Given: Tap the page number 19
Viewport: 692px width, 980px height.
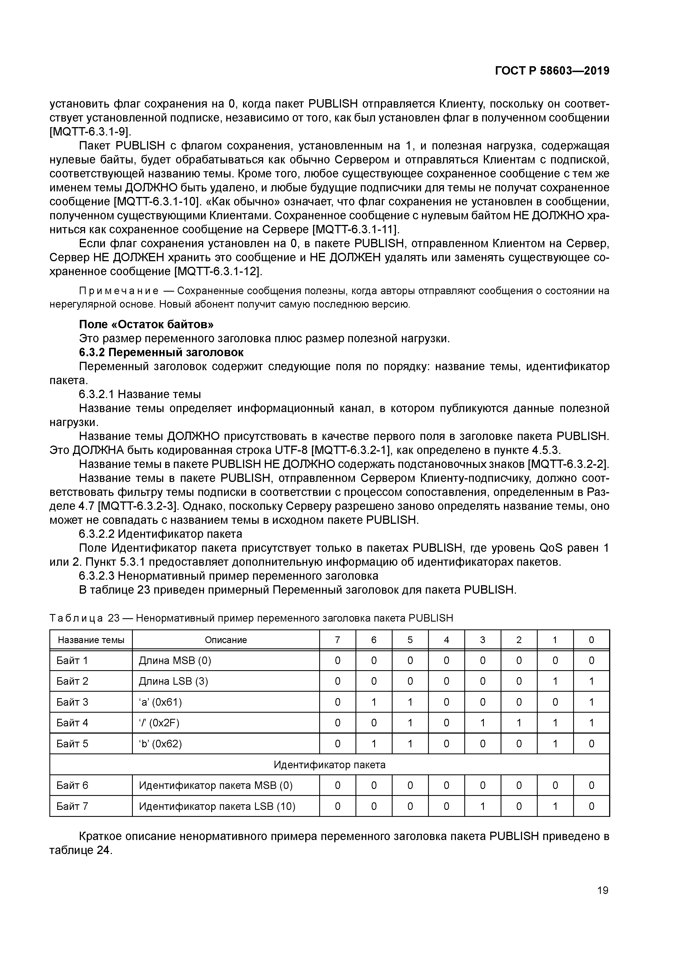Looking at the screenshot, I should point(602,890).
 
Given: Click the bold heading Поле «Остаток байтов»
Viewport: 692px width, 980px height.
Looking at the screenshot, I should point(146,324).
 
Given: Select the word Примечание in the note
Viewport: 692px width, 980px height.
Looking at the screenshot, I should point(119,291).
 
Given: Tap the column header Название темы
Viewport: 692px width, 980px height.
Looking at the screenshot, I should point(91,640).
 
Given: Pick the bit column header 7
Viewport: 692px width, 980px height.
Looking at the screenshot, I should point(337,640).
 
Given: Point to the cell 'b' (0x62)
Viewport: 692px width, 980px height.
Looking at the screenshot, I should point(160,744).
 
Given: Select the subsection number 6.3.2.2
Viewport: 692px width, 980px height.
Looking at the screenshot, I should point(97,534).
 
